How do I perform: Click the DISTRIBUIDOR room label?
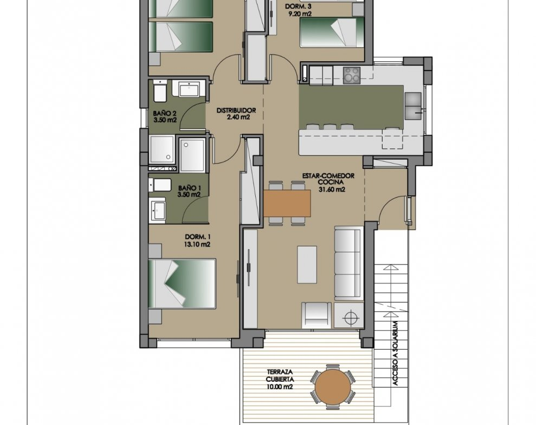click(236, 110)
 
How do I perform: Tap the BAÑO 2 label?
click(165, 113)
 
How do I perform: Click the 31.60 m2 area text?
click(332, 190)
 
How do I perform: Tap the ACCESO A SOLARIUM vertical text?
click(396, 354)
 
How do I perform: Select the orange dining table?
click(287, 204)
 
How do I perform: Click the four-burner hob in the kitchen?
click(352, 75)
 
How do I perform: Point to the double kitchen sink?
click(413, 106)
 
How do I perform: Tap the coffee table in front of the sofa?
click(307, 265)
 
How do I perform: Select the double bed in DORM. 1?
click(182, 284)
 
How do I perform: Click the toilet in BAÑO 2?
click(160, 91)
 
